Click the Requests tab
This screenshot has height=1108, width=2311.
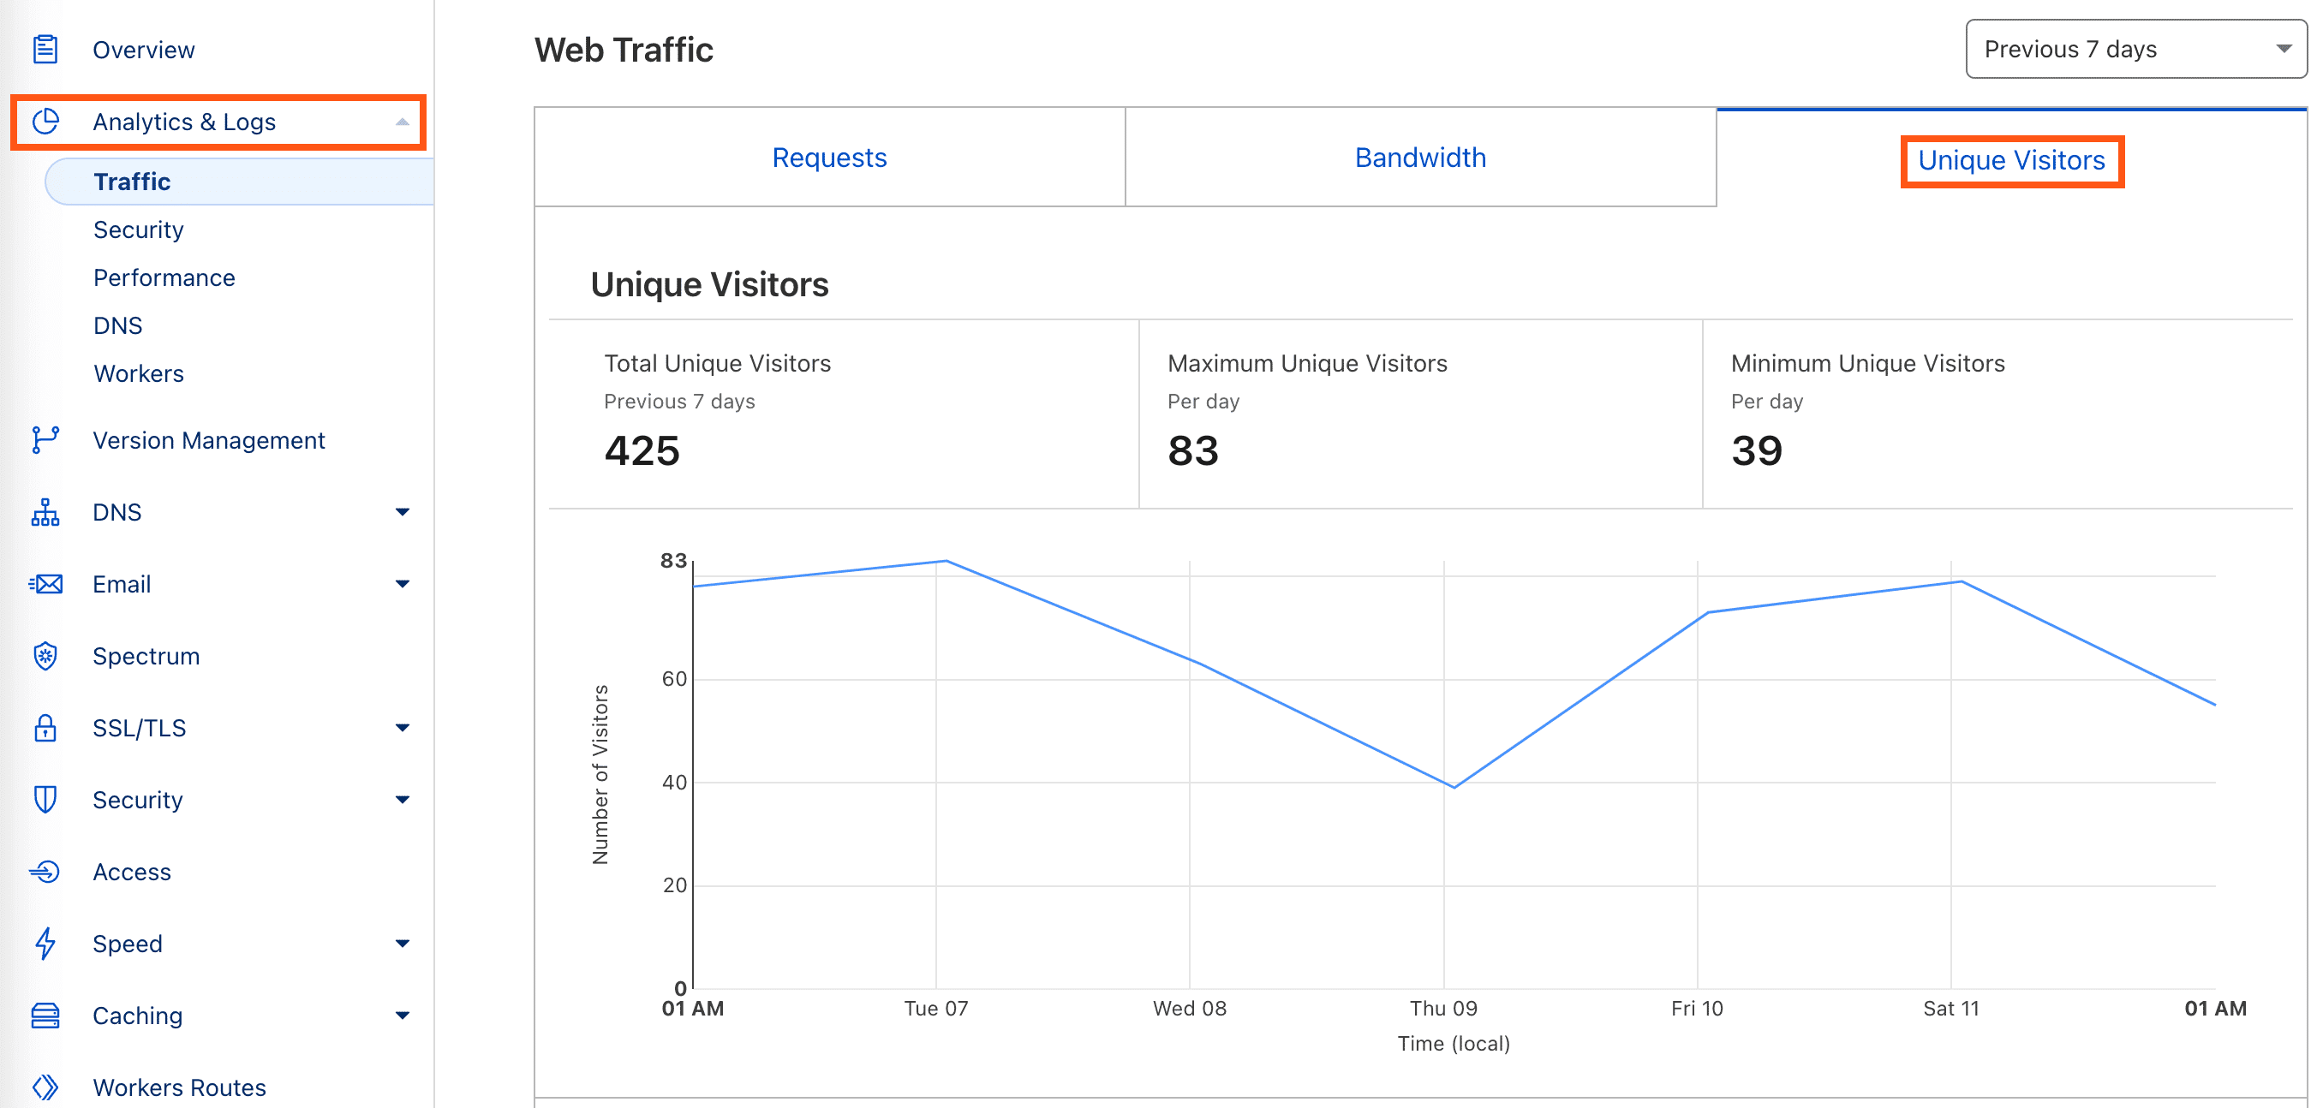[x=829, y=158]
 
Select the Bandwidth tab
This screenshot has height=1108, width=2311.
[x=1420, y=158]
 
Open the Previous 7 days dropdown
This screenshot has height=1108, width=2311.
[x=2135, y=50]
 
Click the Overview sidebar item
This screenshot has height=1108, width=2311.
[x=144, y=51]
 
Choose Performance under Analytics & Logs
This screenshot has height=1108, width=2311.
[x=164, y=278]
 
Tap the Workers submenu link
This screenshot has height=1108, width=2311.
[x=139, y=374]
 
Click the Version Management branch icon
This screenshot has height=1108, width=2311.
[x=45, y=440]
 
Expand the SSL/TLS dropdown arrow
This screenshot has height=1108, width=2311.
[x=402, y=728]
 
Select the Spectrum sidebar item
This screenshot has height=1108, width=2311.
[x=146, y=657]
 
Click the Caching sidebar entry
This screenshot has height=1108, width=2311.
[x=137, y=1016]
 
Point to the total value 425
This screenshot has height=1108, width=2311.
[x=642, y=450]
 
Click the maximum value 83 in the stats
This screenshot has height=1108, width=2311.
[x=1193, y=450]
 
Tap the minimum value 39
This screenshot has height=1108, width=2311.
[x=1757, y=450]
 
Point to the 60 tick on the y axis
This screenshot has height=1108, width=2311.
[x=675, y=679]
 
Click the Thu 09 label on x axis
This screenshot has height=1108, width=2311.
[x=1443, y=1009]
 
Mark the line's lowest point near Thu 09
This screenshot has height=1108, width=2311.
[x=1454, y=787]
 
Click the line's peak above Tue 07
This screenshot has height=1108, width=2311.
[x=946, y=562]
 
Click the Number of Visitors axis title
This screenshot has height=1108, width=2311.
[x=600, y=774]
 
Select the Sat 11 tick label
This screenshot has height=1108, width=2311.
[x=1950, y=1009]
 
